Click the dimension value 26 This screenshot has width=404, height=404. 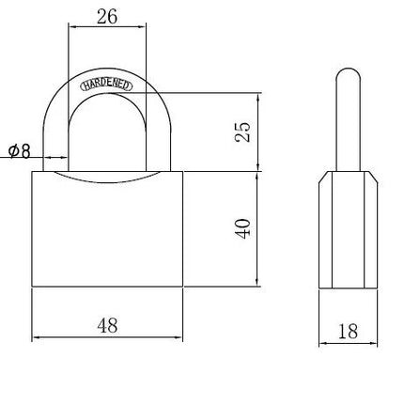(x=107, y=17)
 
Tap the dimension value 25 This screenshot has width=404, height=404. (x=242, y=132)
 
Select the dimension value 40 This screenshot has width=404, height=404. (x=242, y=228)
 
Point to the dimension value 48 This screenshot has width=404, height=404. (x=107, y=325)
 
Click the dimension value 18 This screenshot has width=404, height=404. (x=348, y=332)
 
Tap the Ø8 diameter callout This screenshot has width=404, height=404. (x=20, y=151)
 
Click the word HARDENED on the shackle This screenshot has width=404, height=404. (x=106, y=85)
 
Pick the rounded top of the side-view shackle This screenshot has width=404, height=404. (x=349, y=75)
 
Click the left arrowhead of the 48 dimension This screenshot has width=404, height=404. (x=36, y=337)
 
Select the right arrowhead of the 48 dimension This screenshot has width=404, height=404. (x=179, y=337)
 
